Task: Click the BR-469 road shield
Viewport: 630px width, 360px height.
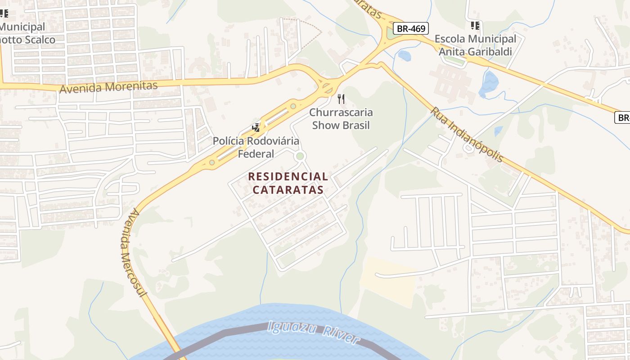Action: tap(411, 28)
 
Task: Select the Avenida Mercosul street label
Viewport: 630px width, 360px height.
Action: tap(133, 252)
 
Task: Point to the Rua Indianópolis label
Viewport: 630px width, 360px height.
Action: tap(467, 134)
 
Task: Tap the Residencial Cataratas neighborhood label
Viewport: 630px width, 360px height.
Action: tap(288, 183)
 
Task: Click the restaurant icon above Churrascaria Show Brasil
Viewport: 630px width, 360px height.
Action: tap(341, 99)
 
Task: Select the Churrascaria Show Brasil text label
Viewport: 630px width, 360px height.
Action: tap(341, 119)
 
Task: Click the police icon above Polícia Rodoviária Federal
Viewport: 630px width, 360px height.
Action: tap(256, 128)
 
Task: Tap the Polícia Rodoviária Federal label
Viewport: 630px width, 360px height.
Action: tap(256, 148)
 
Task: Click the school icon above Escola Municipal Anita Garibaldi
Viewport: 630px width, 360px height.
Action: tap(475, 26)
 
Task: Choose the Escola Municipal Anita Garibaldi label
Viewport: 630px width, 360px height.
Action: tap(475, 45)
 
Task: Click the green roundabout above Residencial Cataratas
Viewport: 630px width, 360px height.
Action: tap(300, 156)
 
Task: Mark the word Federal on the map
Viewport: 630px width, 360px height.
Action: tap(256, 154)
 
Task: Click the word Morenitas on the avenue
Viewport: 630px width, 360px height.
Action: tap(133, 85)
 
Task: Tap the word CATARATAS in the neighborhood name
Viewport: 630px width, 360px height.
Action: tap(288, 189)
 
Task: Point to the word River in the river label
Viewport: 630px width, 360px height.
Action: tap(341, 336)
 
